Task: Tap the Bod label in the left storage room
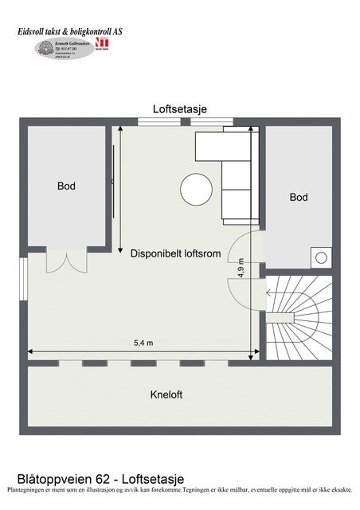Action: [66, 186]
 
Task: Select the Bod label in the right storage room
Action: [299, 197]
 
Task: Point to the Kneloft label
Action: [166, 394]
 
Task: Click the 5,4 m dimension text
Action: [143, 343]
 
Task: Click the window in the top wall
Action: [185, 122]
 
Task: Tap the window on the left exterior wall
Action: [24, 275]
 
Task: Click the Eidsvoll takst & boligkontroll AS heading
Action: [71, 31]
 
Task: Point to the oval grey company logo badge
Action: [65, 49]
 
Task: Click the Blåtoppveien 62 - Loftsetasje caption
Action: [100, 478]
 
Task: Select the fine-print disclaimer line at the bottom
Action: [179, 489]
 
